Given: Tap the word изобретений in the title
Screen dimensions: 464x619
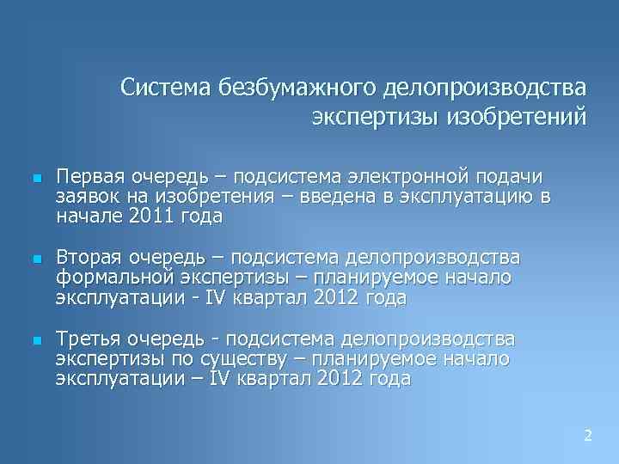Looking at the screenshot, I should point(516,116).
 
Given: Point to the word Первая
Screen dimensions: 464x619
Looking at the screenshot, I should point(89,176).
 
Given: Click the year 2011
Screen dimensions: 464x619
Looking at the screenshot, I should point(149,217).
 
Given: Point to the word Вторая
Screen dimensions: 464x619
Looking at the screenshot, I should point(89,257).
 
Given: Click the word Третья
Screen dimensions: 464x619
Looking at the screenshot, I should point(89,338).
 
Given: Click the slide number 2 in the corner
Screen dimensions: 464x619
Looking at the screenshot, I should point(588,436).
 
